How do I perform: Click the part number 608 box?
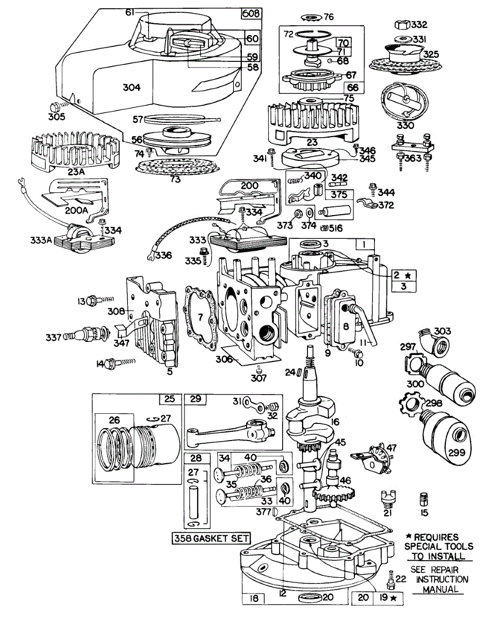click(x=251, y=14)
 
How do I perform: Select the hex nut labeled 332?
click(x=402, y=24)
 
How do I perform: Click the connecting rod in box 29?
click(x=227, y=430)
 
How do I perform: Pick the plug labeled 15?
click(x=424, y=499)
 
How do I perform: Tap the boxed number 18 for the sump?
click(x=253, y=598)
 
